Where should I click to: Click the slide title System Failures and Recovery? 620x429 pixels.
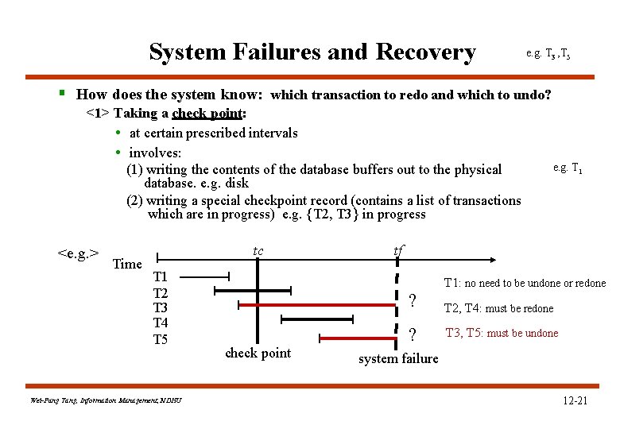(312, 52)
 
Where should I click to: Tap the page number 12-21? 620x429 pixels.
(574, 400)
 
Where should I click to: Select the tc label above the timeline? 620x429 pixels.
(258, 252)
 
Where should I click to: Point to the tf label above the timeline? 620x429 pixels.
(398, 251)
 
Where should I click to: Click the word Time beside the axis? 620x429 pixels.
(127, 264)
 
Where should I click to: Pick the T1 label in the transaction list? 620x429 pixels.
(161, 277)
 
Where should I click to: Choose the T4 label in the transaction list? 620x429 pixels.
(161, 323)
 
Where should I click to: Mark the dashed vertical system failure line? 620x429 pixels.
(396, 306)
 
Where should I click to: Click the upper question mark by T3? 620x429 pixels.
(412, 300)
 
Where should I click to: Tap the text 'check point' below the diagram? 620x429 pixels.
(258, 353)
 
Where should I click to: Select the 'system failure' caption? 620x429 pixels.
(398, 358)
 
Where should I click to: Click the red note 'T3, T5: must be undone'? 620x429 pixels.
(502, 333)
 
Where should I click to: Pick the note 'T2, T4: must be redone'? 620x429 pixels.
(498, 308)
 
